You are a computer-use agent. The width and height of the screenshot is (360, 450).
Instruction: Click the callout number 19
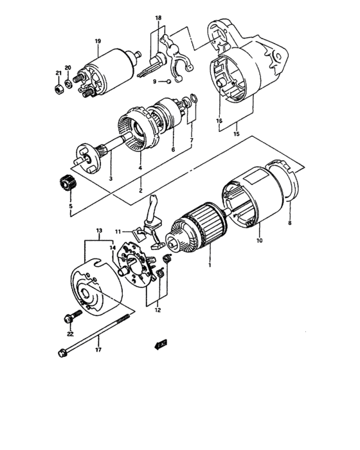[98, 42]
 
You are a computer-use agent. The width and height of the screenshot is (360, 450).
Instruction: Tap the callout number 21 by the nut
[57, 72]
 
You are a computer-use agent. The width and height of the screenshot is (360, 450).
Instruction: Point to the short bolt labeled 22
[71, 317]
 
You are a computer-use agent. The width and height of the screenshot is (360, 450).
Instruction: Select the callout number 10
[260, 240]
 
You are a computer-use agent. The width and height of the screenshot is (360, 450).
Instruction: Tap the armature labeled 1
[199, 225]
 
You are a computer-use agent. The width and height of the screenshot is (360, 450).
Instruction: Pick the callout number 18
[158, 18]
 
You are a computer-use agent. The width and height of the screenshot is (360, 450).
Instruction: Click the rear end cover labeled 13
[93, 289]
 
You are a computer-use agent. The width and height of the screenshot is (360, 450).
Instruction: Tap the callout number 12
[157, 310]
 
